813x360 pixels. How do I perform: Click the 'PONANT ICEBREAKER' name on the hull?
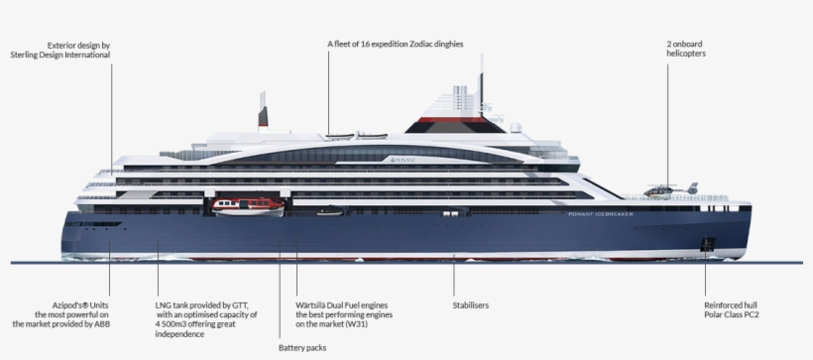click(x=606, y=214)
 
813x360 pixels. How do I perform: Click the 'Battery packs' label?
click(x=302, y=348)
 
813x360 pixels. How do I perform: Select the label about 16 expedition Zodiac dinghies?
click(x=396, y=45)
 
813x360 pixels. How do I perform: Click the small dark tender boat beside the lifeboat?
click(x=329, y=212)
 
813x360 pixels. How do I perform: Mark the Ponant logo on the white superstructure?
click(x=402, y=160)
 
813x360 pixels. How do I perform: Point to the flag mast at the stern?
click(x=263, y=111)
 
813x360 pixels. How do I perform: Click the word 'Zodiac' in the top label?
click(x=412, y=45)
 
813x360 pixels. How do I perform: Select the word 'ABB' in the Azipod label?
click(x=101, y=324)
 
